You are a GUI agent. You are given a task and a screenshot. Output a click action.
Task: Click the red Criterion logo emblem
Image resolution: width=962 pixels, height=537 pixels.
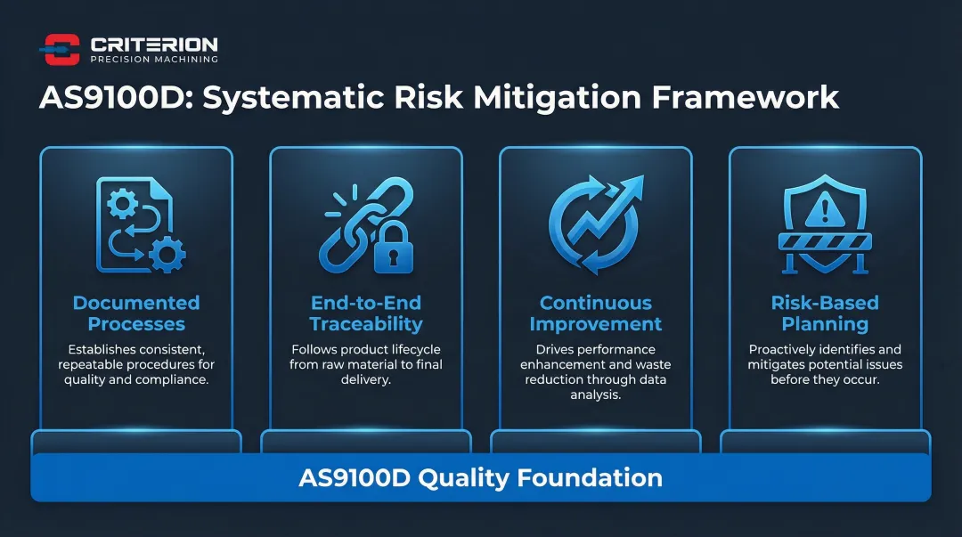[61, 49]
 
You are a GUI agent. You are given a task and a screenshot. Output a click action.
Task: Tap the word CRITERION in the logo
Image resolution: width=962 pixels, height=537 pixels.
[154, 45]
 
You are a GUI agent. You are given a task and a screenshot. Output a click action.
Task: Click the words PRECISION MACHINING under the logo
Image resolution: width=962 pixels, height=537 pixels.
[154, 60]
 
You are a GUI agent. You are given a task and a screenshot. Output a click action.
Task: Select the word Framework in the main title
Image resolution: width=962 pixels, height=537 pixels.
[745, 97]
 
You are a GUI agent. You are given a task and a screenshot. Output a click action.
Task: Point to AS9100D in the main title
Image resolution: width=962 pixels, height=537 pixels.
[112, 97]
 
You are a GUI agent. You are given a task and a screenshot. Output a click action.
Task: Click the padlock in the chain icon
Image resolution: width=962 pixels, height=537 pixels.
[394, 248]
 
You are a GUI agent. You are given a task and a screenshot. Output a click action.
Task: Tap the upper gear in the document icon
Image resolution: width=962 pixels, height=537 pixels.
[123, 203]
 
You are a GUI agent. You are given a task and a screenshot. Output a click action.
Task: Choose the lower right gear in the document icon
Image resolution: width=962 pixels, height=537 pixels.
[167, 255]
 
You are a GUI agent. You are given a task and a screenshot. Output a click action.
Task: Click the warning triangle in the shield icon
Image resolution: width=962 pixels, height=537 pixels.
[825, 209]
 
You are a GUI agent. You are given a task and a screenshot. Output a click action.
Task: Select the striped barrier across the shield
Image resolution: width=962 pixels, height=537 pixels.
[825, 241]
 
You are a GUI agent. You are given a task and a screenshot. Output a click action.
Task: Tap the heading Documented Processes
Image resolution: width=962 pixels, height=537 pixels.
[136, 313]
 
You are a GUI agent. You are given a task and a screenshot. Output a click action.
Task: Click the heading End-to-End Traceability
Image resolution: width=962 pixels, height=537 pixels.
[366, 313]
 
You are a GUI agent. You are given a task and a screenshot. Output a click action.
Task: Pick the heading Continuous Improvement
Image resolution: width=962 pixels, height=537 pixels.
[596, 313]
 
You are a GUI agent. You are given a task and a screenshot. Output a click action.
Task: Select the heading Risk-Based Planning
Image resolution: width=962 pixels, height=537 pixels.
[825, 313]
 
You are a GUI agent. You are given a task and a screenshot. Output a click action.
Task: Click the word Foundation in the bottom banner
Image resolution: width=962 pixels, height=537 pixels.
[590, 477]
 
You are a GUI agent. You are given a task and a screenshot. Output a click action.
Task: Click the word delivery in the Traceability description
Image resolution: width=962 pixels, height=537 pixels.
[365, 380]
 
